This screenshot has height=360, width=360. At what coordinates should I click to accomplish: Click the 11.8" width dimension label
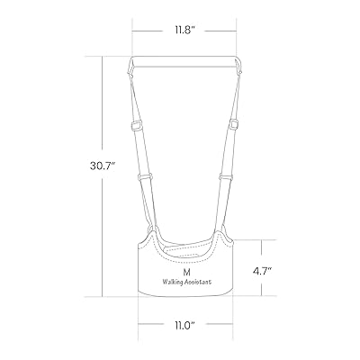tap(184, 31)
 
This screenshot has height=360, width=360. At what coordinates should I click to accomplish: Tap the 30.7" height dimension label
tap(103, 166)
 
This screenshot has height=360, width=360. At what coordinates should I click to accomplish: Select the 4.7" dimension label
tap(262, 271)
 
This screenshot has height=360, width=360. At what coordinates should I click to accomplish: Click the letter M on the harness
tap(187, 272)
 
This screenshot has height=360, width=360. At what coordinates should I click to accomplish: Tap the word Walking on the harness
tap(173, 283)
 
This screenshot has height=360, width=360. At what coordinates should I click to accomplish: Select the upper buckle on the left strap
tap(137, 125)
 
